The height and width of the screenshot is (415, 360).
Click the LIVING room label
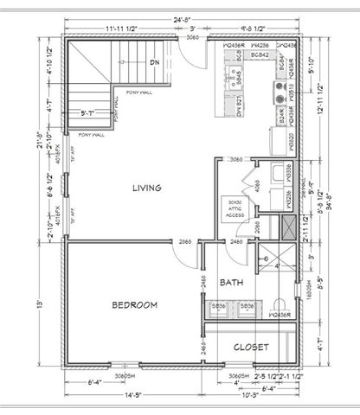[x=145, y=188]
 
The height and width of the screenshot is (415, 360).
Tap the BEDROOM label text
[x=133, y=305]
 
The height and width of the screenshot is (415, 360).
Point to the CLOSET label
[x=249, y=348]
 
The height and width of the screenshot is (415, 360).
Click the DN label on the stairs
[x=154, y=62]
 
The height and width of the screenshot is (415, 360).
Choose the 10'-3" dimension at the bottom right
[x=250, y=396]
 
